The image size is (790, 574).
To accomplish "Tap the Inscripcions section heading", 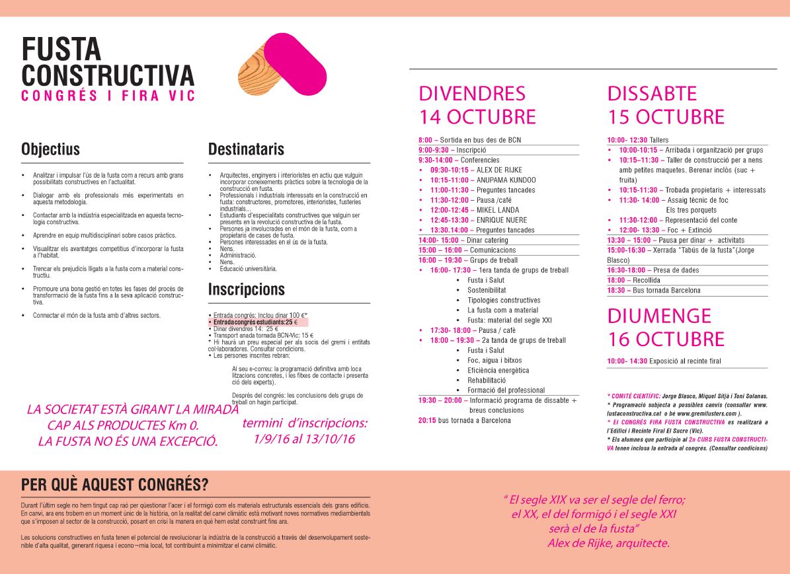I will point(246,289).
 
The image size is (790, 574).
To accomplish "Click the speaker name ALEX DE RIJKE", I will point(495,170).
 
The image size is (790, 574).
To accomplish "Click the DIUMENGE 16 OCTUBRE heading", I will point(666,328).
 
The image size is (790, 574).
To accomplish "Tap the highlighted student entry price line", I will point(252,322).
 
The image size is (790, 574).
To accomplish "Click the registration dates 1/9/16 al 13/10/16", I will point(304,439).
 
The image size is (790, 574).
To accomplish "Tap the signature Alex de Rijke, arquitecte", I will point(608,543).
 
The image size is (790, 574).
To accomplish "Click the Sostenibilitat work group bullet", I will point(487,290).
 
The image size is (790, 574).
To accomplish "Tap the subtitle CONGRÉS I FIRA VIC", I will point(108,96).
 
